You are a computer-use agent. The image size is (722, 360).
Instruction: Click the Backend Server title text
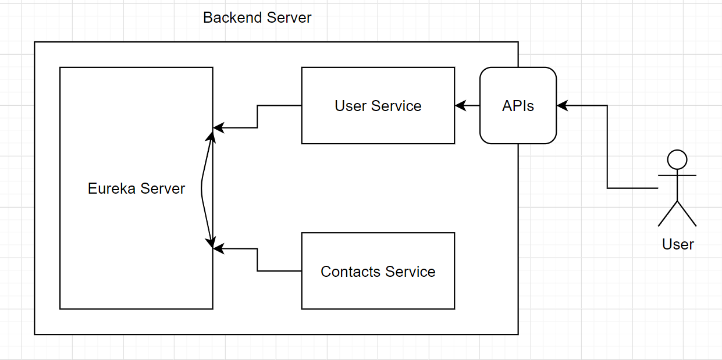pos(257,17)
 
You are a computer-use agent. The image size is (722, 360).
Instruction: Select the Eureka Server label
pos(136,188)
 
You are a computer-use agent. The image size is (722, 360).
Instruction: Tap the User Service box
pos(378,125)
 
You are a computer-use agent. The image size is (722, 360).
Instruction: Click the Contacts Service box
pos(378,291)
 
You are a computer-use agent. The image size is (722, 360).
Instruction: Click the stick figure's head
pos(677,159)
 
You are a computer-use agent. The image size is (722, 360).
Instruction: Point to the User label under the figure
pos(678,244)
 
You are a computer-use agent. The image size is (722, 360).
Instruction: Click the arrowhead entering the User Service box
pos(460,106)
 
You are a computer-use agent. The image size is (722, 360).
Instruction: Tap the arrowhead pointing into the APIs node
pos(561,106)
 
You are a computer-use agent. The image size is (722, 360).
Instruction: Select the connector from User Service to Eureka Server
pos(257,116)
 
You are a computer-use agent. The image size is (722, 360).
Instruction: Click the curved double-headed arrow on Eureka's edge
pos(202,188)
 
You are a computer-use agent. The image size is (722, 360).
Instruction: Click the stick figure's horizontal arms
pos(677,175)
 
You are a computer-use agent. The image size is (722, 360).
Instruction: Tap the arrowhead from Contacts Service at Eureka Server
pos(218,249)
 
